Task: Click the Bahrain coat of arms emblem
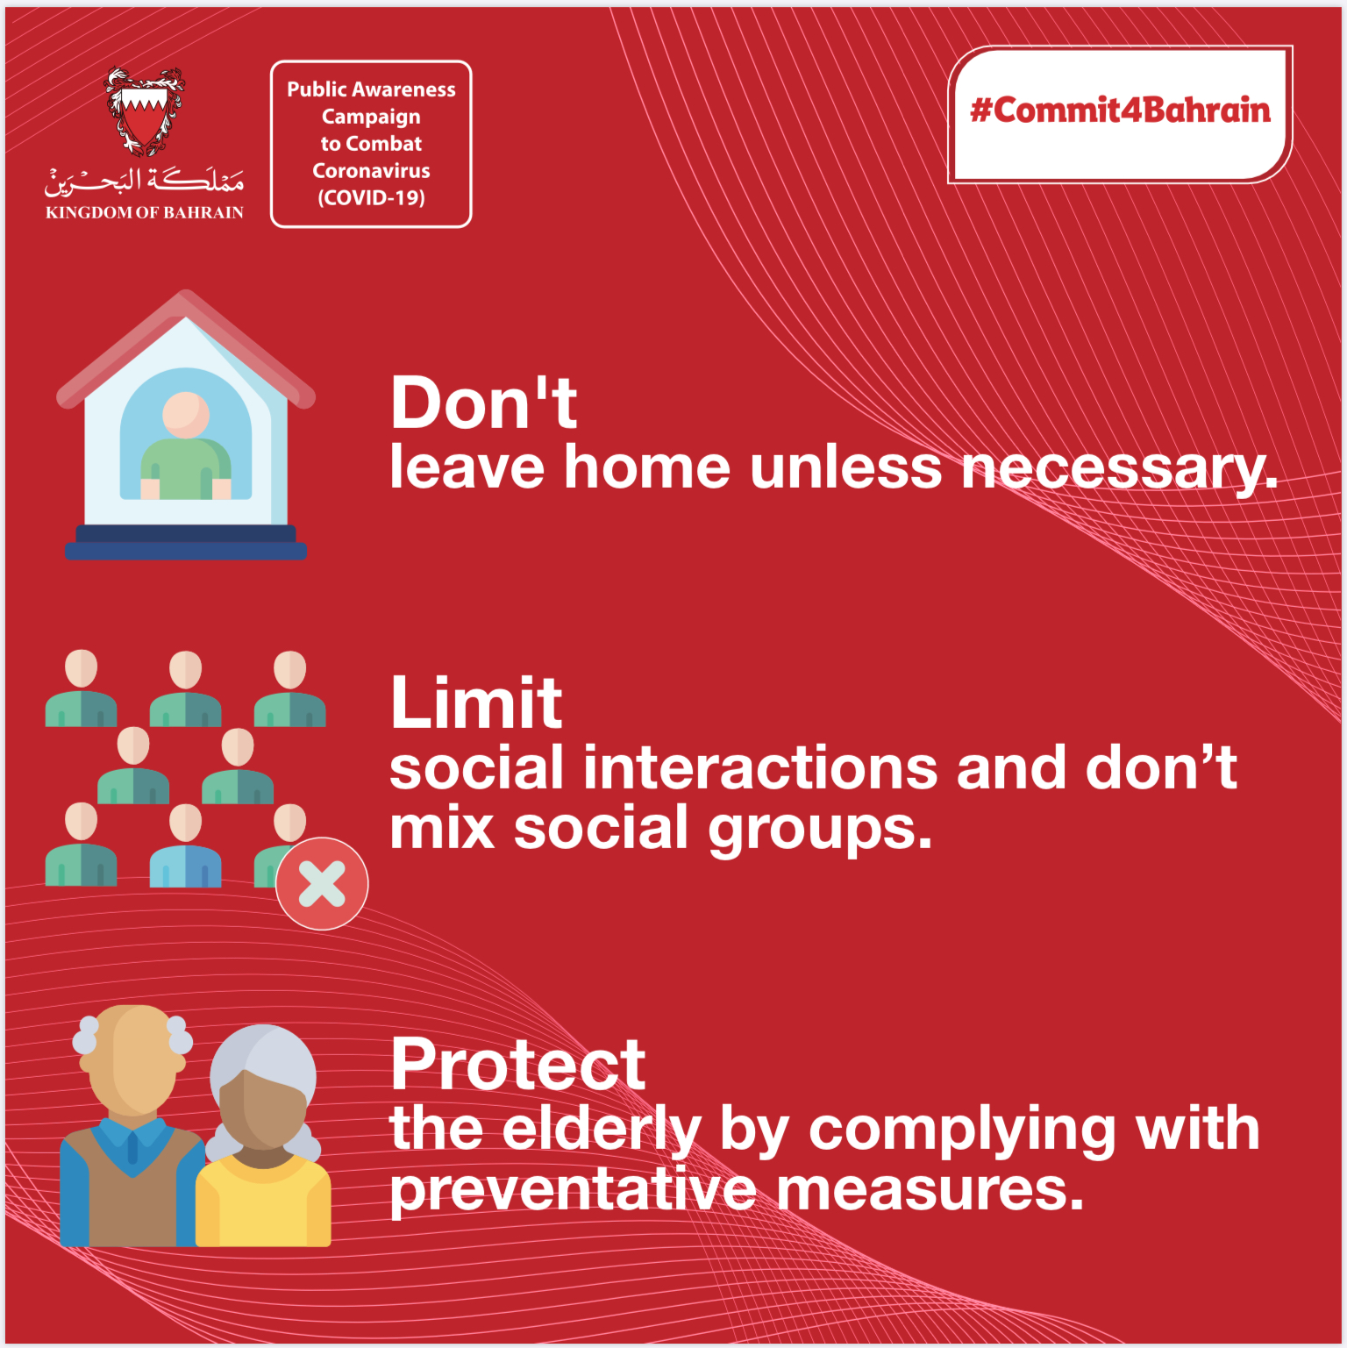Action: point(145,111)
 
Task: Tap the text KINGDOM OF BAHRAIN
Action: point(145,212)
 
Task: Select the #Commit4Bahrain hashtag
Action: point(1120,111)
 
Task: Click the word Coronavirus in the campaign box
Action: point(371,170)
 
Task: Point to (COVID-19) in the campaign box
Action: point(371,197)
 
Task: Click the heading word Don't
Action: point(484,403)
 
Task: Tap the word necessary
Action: point(1119,470)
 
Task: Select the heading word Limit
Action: point(476,703)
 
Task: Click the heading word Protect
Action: point(518,1064)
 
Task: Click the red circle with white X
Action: point(322,883)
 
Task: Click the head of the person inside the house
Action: point(186,414)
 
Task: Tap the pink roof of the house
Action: point(185,346)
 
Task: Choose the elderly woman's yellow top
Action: point(263,1202)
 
